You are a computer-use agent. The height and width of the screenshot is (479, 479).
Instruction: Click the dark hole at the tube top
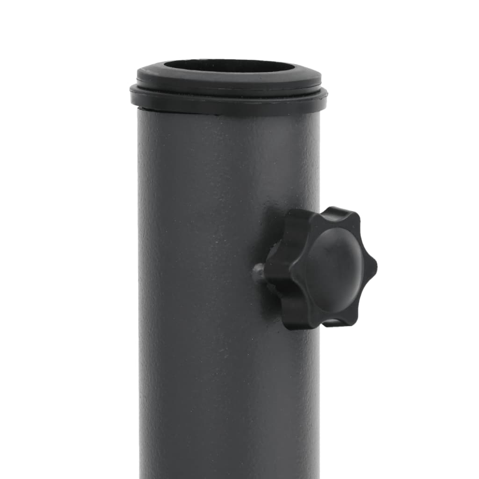pos(229,65)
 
